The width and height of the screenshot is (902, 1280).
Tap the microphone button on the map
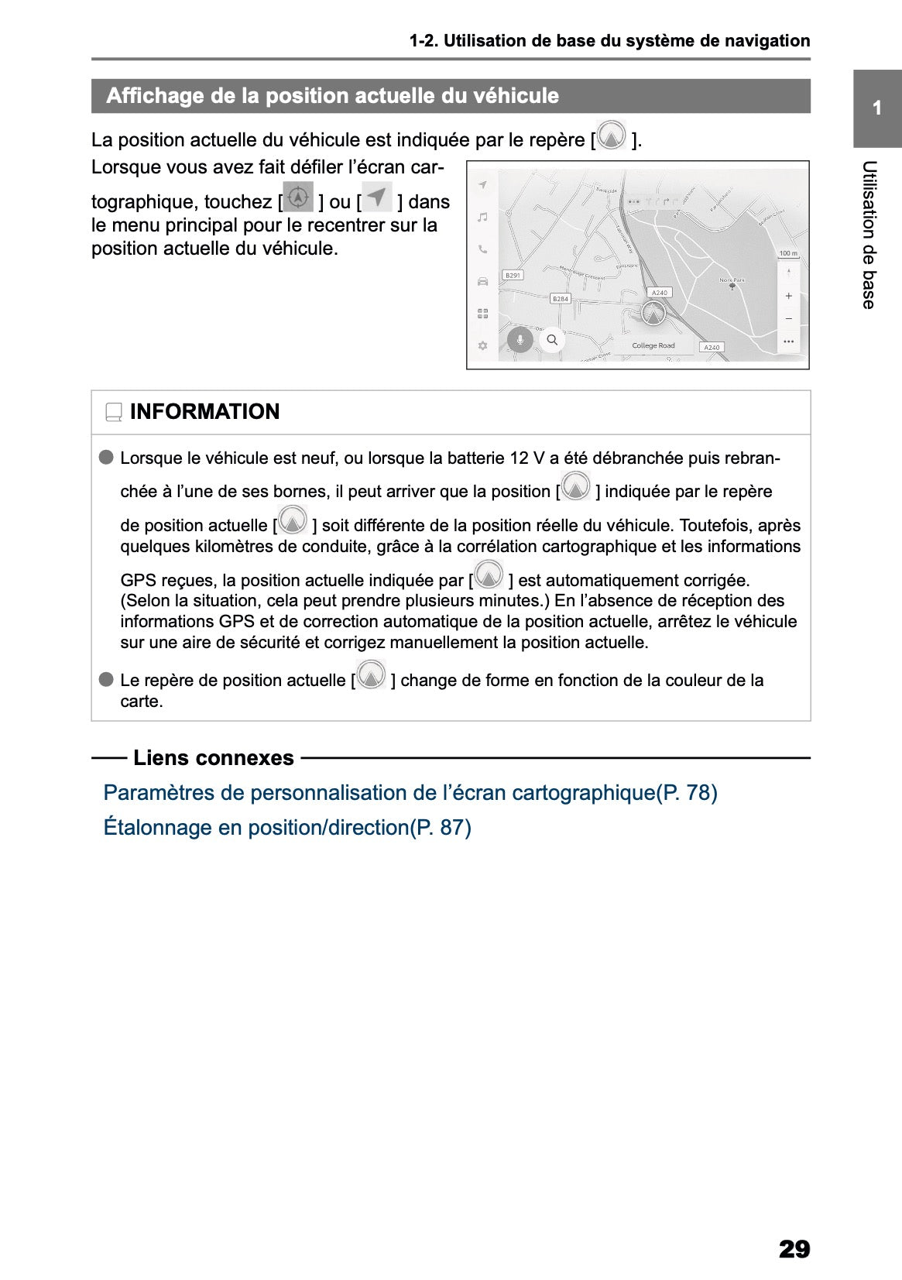pyautogui.click(x=520, y=339)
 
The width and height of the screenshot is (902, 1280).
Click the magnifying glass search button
pyautogui.click(x=552, y=339)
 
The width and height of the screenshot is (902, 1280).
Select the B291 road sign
pyautogui.click(x=513, y=275)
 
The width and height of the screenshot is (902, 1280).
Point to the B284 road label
pyautogui.click(x=560, y=298)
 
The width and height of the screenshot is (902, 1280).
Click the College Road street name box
pyautogui.click(x=653, y=345)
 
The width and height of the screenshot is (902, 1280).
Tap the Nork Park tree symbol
pyautogui.click(x=732, y=287)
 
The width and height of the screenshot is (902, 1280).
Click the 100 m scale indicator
pyautogui.click(x=787, y=253)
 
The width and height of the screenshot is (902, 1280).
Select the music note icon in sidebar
pyautogui.click(x=482, y=218)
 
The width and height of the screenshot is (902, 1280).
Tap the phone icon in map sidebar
pyautogui.click(x=482, y=249)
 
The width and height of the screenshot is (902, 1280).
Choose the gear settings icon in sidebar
pyautogui.click(x=482, y=345)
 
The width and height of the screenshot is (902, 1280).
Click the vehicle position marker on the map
pyautogui.click(x=653, y=314)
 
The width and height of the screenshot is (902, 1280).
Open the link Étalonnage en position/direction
pyautogui.click(x=287, y=827)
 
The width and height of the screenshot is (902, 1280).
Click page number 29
pyautogui.click(x=794, y=1249)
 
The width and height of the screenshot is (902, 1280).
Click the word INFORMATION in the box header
pyautogui.click(x=204, y=412)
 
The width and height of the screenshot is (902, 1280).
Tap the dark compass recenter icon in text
pyautogui.click(x=298, y=197)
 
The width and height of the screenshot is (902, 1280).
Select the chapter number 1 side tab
pyautogui.click(x=876, y=108)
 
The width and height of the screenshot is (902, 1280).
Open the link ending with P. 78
pyautogui.click(x=410, y=793)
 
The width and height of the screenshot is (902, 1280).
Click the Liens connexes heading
pyautogui.click(x=213, y=758)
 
